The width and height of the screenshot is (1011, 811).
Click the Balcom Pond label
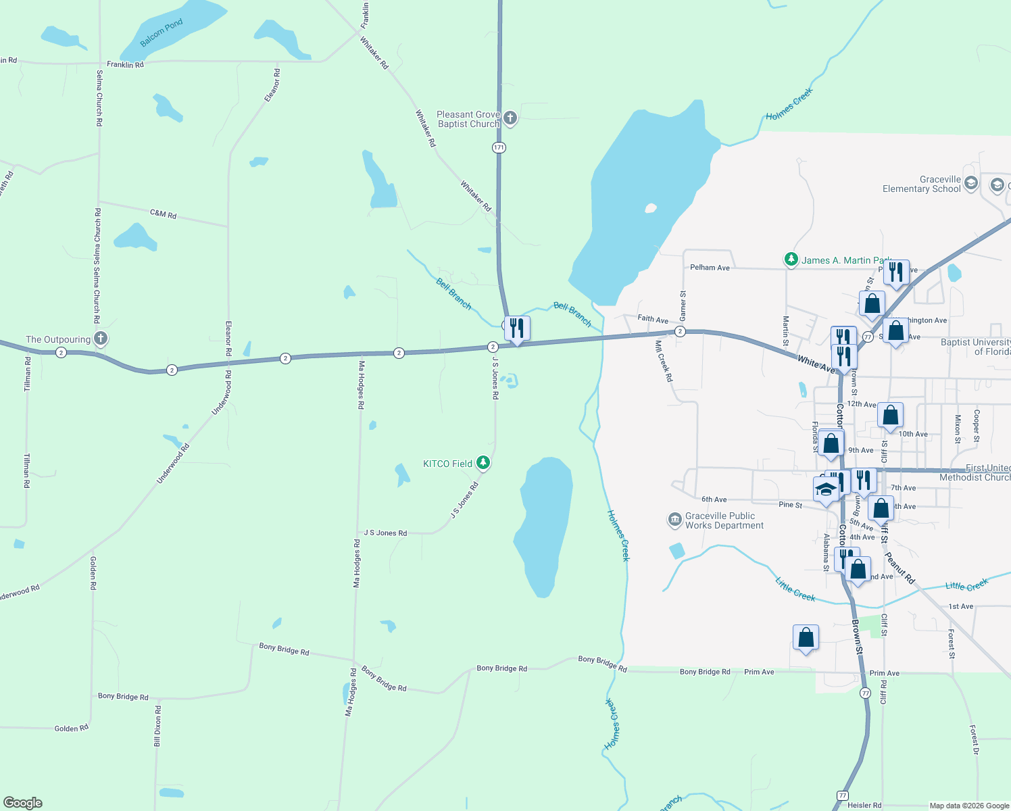162,33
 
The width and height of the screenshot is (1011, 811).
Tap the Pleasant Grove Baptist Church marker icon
510,119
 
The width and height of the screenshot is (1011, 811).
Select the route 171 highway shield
499,147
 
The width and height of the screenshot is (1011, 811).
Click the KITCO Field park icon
483,463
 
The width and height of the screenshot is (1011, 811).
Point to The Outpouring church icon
100,339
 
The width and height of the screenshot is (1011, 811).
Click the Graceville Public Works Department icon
674,520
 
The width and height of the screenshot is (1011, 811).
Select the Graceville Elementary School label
921,184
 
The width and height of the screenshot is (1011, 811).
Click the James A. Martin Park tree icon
791,260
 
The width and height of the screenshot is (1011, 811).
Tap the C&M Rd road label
163,214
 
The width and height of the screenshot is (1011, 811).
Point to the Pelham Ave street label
710,268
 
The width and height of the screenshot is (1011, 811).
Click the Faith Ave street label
652,319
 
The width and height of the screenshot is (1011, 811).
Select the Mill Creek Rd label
664,361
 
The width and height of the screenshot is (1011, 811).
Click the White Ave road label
816,364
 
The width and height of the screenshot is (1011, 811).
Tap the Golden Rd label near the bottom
71,728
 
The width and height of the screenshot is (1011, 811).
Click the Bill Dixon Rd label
157,726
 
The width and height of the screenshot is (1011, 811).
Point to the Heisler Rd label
864,805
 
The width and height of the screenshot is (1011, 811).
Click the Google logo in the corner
23,802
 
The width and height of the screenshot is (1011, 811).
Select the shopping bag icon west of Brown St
806,637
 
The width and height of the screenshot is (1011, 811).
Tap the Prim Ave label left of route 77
759,672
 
